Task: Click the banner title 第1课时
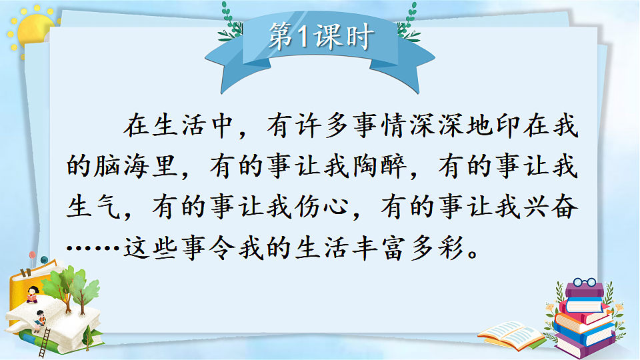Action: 319,38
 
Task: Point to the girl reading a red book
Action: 31,293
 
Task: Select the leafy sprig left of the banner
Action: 230,23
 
